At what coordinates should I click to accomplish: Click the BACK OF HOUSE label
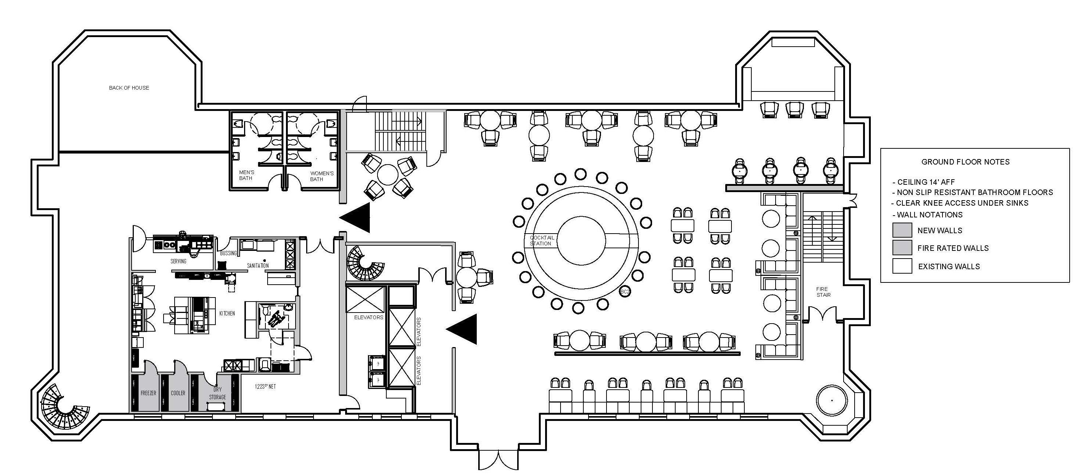coord(129,88)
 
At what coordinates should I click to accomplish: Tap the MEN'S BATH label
coord(246,175)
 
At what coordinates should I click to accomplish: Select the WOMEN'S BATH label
coord(322,176)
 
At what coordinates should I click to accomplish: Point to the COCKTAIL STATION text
coord(541,240)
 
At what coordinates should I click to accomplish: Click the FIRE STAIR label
coord(823,292)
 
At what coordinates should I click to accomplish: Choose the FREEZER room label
coord(149,393)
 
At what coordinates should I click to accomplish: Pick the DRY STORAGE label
coord(217,393)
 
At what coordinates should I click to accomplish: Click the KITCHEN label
coord(227,313)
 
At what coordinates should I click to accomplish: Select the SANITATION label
coord(258,266)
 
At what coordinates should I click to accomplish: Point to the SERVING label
coord(179,261)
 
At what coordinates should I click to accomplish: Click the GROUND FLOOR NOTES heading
coord(965,162)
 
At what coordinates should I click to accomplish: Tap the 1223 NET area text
coord(265,387)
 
